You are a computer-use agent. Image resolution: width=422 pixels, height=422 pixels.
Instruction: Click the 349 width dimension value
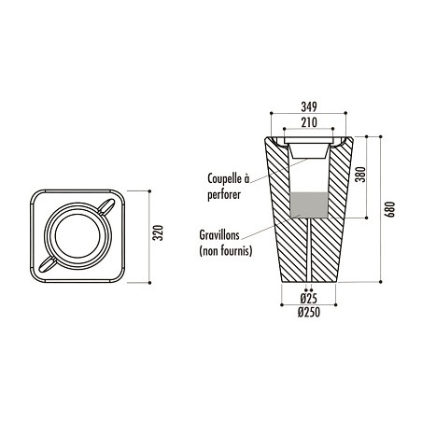tap(309, 107)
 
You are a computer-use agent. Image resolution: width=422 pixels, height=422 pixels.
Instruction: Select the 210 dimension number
tap(309, 122)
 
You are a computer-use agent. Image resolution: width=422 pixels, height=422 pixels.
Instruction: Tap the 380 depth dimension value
tap(360, 175)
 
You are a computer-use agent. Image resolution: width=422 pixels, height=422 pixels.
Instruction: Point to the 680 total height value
tap(389, 209)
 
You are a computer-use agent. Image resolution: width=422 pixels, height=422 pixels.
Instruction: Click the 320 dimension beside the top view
tap(159, 232)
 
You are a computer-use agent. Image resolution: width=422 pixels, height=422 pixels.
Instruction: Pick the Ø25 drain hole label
tap(309, 299)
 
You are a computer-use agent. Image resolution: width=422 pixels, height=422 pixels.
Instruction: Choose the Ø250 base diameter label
tap(309, 312)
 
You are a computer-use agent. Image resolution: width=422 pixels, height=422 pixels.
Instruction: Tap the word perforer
tap(224, 195)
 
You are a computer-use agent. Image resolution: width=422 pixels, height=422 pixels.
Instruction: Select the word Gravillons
tap(219, 235)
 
